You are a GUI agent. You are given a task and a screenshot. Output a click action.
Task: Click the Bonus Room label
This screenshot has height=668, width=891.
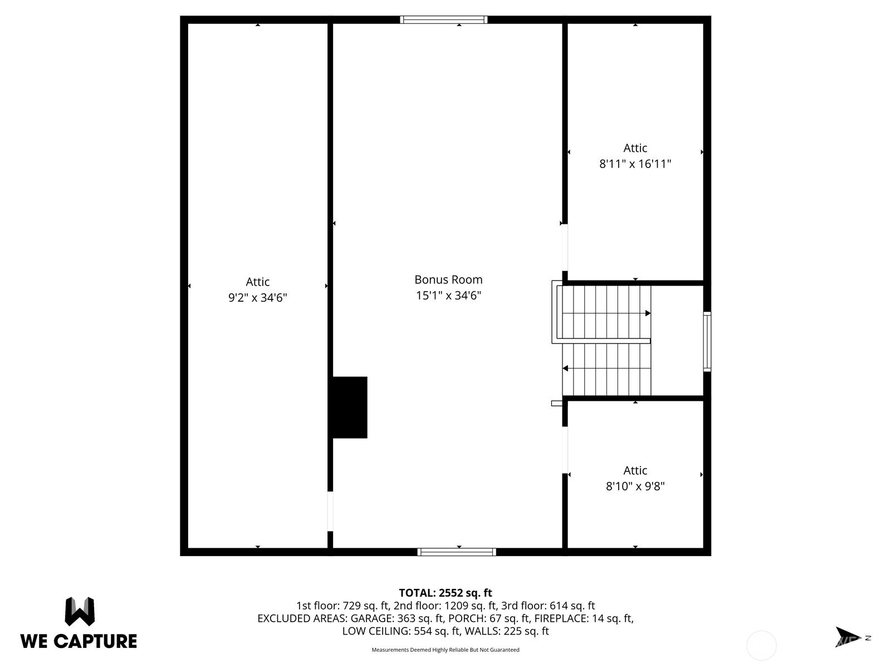point(448,279)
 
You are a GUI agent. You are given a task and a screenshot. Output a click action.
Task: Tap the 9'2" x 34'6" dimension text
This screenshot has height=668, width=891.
point(257,298)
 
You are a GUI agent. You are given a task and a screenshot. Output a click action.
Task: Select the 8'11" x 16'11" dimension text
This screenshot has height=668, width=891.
point(635,164)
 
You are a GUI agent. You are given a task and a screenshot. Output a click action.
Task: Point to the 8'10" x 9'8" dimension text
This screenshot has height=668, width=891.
point(635,486)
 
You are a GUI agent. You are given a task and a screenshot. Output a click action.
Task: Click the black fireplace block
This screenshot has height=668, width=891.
point(350,407)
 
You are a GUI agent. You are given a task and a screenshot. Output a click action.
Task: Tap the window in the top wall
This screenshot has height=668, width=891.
point(443,19)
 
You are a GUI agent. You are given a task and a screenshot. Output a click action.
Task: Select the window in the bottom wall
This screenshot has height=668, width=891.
point(457,552)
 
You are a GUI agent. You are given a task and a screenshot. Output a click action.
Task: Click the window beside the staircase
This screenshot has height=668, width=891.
point(707,341)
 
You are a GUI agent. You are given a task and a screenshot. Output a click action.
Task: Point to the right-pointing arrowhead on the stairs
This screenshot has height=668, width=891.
point(648,313)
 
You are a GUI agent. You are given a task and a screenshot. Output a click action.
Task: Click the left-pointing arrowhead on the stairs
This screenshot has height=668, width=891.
point(565,369)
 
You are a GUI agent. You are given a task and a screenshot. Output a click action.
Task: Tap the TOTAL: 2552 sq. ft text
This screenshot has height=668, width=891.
point(445,593)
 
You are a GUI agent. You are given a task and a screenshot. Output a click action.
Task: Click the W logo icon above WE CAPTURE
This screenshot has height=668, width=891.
point(80,611)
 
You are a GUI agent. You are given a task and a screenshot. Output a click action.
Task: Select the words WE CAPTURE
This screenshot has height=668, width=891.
point(79,641)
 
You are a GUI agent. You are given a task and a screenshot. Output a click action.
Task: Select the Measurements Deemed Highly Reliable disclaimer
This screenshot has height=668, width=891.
point(445,650)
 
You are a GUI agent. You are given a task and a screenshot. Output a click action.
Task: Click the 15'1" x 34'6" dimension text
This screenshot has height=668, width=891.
point(448,295)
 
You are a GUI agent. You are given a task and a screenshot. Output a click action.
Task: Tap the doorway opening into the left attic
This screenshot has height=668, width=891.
point(330,511)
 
